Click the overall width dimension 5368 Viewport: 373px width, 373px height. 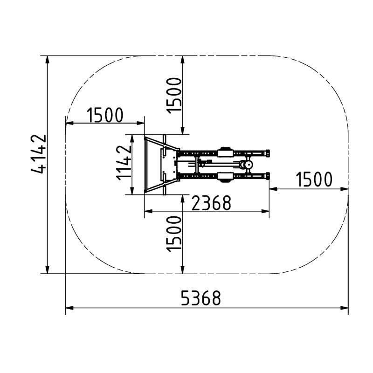click(201, 298)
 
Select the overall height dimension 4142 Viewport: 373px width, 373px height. click(39, 154)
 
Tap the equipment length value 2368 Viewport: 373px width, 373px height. click(211, 203)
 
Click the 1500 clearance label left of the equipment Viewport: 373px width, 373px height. click(105, 115)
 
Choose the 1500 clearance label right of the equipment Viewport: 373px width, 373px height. click(314, 179)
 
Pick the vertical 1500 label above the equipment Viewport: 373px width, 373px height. click(174, 96)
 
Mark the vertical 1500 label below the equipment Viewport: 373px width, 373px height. click(174, 234)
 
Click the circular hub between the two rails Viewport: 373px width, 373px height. click(249, 165)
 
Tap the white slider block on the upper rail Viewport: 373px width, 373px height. click(225, 152)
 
